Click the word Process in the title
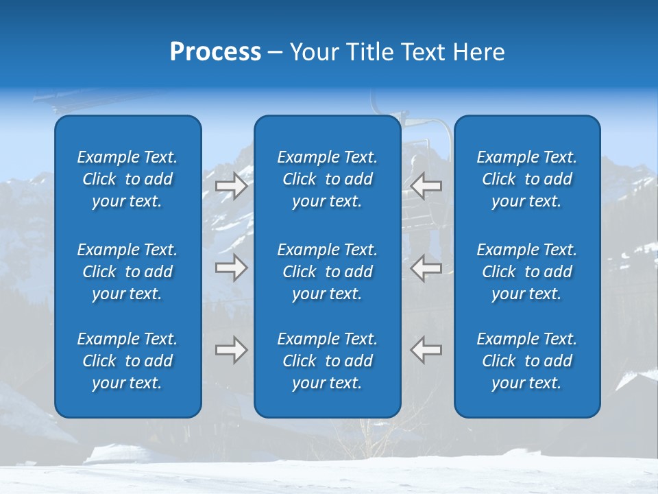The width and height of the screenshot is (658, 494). click(x=215, y=52)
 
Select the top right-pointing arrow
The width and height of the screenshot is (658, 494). click(x=231, y=186)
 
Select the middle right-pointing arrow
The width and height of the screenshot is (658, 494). click(x=231, y=268)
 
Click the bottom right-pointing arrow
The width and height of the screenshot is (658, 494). click(x=231, y=349)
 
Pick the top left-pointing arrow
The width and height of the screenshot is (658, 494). click(x=426, y=186)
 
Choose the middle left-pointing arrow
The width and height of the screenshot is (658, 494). click(x=426, y=268)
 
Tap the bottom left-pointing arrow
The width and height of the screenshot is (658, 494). click(x=426, y=349)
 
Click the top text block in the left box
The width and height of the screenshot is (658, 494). click(x=127, y=179)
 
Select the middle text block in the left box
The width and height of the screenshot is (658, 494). click(x=127, y=272)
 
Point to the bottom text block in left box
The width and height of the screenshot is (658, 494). click(x=127, y=361)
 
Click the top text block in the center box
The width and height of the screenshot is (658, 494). click(x=327, y=179)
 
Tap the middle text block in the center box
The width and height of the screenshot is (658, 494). click(x=327, y=272)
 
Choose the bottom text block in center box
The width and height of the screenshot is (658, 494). click(x=327, y=361)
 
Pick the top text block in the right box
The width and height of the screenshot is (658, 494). click(x=526, y=179)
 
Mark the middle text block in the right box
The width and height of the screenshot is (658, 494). click(x=526, y=272)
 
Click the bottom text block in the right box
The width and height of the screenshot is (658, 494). click(x=526, y=361)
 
